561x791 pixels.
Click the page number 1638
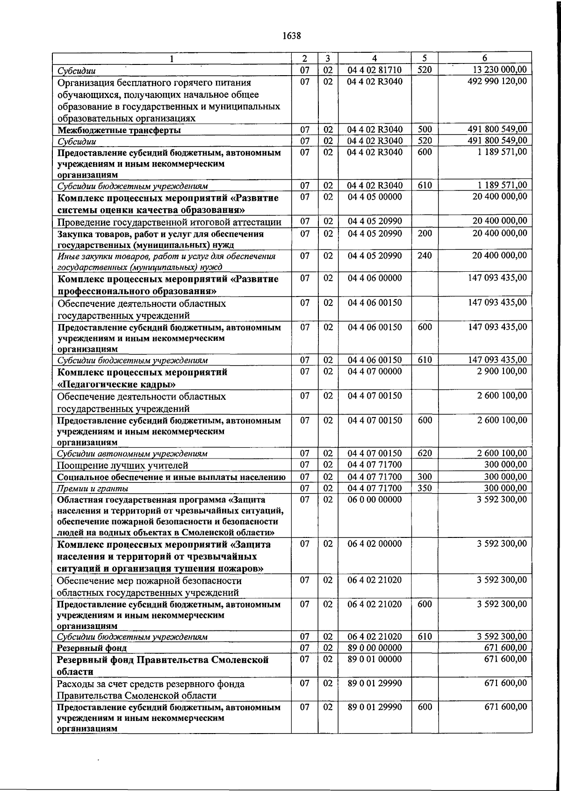(x=291, y=35)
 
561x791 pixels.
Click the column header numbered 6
(x=485, y=58)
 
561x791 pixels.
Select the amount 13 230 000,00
(x=500, y=70)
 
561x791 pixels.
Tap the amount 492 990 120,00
(x=497, y=82)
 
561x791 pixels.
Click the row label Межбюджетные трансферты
(x=119, y=130)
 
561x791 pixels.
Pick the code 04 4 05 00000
(x=374, y=197)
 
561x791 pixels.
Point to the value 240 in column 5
(x=424, y=256)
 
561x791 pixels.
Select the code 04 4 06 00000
(x=374, y=278)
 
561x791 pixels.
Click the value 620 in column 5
(x=424, y=453)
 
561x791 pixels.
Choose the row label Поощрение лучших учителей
(x=122, y=466)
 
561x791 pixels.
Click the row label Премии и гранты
(x=93, y=488)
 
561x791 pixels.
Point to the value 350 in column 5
(x=424, y=488)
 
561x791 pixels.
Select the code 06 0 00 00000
(x=374, y=500)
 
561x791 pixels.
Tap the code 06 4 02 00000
(x=374, y=544)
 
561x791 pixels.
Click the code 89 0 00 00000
(x=374, y=648)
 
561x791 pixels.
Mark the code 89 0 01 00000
(x=374, y=659)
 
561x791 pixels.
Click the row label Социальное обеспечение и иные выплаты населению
(x=171, y=477)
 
